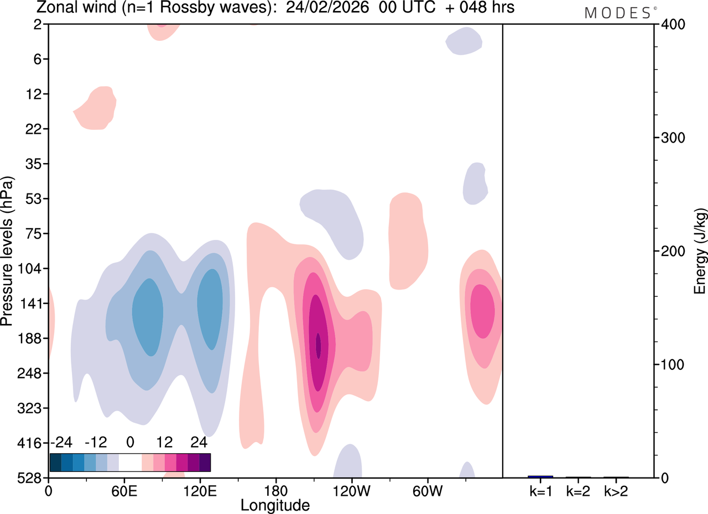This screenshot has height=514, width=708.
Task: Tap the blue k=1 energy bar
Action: (540, 476)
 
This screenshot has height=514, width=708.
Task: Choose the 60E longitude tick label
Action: (124, 490)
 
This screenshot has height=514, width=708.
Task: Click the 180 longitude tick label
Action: (275, 490)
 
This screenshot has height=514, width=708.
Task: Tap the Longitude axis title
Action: (275, 505)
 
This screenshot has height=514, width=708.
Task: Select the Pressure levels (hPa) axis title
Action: (7, 251)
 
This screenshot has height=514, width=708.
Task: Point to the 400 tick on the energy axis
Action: (671, 24)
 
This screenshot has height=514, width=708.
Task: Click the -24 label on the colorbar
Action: (61, 443)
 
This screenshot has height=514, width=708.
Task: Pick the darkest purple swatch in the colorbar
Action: (205, 462)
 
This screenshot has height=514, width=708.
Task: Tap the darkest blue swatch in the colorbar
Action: (55, 462)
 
